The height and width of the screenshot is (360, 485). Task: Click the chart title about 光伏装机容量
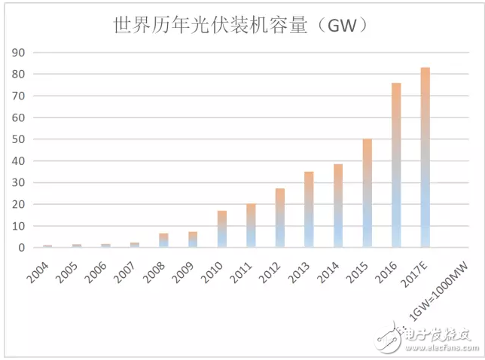pyautogui.click(x=240, y=26)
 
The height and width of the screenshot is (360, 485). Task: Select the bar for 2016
pyautogui.click(x=396, y=165)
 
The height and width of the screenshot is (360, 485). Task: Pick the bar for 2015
pyautogui.click(x=368, y=193)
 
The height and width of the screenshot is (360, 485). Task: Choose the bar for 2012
pyautogui.click(x=279, y=218)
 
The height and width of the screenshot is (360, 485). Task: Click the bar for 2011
pyautogui.click(x=251, y=225)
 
